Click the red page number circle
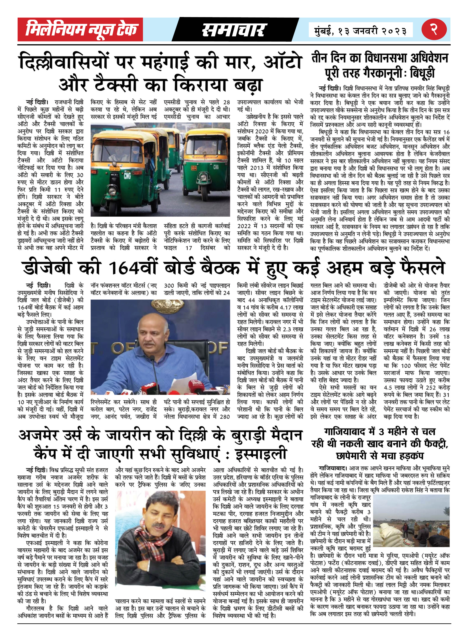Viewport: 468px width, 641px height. [x=434, y=29]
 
